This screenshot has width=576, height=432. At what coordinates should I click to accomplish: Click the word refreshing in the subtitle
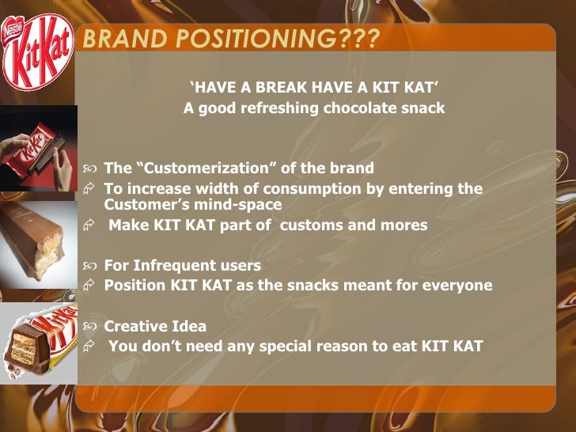(272, 108)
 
